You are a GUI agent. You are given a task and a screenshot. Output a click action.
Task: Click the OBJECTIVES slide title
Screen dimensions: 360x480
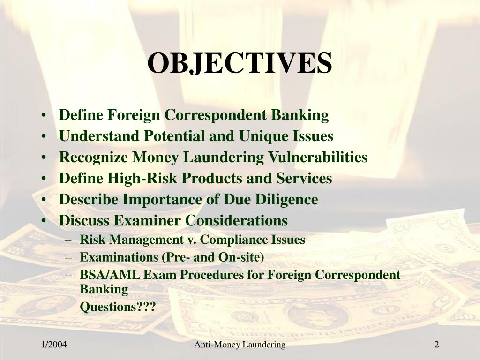click(x=240, y=63)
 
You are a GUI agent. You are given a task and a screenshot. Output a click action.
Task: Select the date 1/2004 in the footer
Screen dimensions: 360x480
click(x=53, y=345)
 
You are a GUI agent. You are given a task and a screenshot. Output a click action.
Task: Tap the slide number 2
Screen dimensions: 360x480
click(x=436, y=345)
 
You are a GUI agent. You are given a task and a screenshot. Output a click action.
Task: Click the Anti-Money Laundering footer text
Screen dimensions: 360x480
click(x=240, y=345)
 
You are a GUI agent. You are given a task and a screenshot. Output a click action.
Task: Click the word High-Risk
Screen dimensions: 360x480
click(x=143, y=179)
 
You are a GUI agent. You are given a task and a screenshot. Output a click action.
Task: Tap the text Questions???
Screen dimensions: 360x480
click(x=118, y=307)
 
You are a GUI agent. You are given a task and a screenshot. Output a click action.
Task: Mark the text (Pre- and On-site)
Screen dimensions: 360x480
click(x=213, y=257)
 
